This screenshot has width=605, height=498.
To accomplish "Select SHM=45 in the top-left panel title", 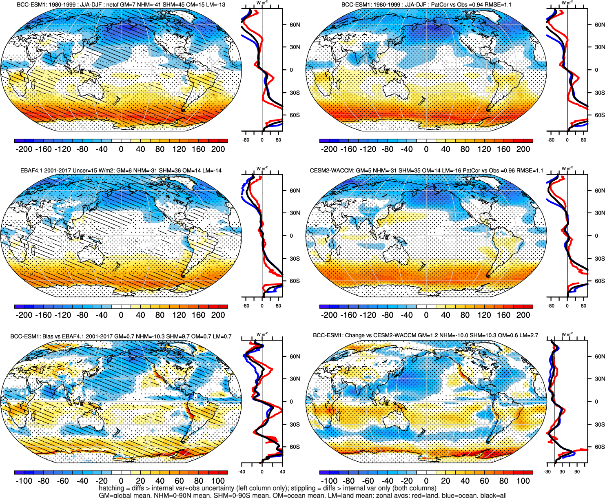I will pyautogui.click(x=173, y=4).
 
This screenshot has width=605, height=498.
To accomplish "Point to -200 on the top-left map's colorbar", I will pyautogui.click(x=24, y=149).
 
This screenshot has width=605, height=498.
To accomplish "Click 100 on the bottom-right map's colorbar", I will pyautogui.click(x=523, y=481).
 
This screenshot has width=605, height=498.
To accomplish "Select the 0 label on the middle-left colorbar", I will pyautogui.click(x=121, y=315).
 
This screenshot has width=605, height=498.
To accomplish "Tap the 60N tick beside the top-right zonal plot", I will pyautogui.click(x=599, y=25).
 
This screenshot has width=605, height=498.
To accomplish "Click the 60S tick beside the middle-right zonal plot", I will pyautogui.click(x=599, y=281).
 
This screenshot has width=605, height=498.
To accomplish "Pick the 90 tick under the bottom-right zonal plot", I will pyautogui.click(x=577, y=472).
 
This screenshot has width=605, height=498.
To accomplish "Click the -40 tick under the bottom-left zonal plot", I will pyautogui.click(x=242, y=472).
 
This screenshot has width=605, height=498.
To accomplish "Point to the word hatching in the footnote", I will pyautogui.click(x=111, y=488).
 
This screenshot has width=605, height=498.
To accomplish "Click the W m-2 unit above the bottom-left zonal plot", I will pyautogui.click(x=262, y=335).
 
